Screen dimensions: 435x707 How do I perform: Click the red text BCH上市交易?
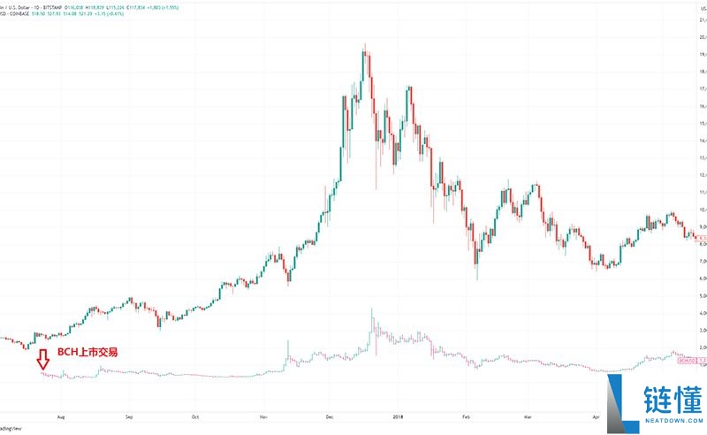pyautogui.click(x=87, y=352)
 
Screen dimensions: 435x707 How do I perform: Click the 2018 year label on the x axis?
pyautogui.click(x=399, y=416)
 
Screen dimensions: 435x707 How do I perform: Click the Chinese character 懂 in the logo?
pyautogui.click(x=687, y=392)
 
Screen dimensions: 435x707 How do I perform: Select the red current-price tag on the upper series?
pyautogui.click(x=698, y=238)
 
